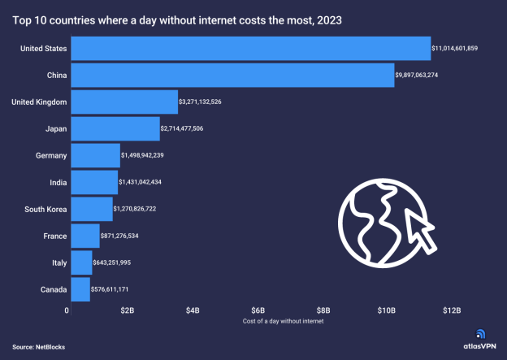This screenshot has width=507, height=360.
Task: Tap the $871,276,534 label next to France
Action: pos(129,236)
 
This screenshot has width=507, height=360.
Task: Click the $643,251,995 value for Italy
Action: pos(122,263)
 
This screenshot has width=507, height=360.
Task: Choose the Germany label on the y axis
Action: pos(51,156)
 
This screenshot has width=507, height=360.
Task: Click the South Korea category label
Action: pos(44,210)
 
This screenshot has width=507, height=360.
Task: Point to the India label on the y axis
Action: pos(57,183)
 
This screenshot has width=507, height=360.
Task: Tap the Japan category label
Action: pos(54,129)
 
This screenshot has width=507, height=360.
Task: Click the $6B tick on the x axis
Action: pos(258,310)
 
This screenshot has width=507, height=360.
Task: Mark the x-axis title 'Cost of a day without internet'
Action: pos(283,322)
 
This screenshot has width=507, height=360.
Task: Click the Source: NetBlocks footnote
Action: pos(39,345)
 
